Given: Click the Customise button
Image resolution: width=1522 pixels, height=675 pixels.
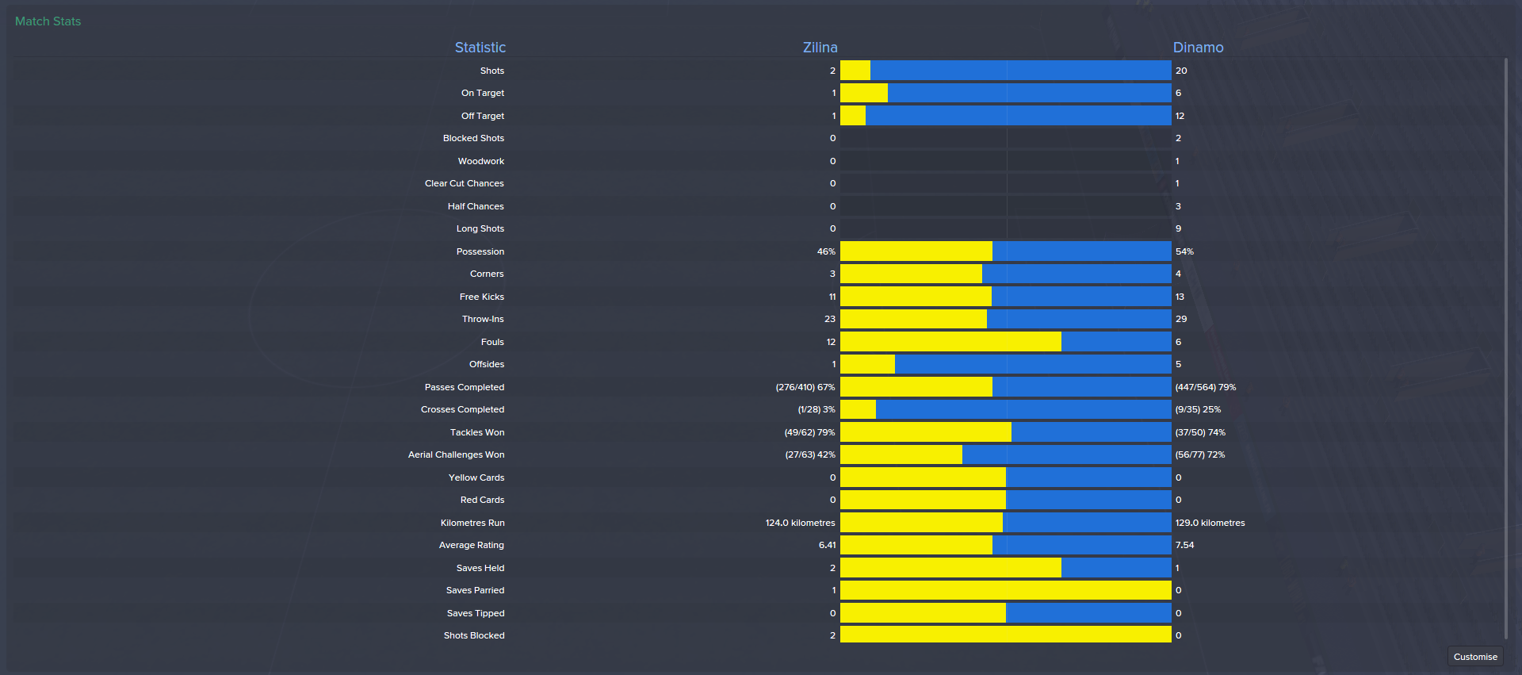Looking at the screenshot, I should (1474, 657).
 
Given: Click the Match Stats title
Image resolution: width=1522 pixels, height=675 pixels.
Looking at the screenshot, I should (48, 21).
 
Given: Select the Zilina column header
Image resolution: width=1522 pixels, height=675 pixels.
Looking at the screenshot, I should (820, 48).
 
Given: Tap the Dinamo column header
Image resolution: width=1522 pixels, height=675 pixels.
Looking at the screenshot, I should (1198, 48).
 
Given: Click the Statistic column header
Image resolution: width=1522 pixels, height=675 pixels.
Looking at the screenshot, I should (480, 48).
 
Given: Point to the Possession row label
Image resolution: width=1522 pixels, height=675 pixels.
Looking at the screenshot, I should (480, 251).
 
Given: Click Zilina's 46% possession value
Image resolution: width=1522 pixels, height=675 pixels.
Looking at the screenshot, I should (826, 251).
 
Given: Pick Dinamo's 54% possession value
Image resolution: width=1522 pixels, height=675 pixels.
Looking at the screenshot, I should (1184, 251).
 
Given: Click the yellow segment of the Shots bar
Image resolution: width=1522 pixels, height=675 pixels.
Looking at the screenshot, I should (855, 71).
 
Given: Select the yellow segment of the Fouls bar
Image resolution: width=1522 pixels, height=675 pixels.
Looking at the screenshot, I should (950, 342).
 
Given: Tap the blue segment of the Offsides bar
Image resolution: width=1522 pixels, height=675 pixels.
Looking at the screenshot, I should (1032, 364).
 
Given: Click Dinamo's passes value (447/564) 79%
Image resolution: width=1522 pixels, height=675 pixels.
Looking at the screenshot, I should (1205, 387).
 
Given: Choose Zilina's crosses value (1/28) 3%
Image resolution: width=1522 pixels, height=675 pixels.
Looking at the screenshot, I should (816, 409).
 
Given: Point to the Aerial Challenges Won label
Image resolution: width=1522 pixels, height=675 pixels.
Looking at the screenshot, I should (456, 454).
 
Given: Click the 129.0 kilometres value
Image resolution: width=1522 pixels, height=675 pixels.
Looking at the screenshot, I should (1210, 523).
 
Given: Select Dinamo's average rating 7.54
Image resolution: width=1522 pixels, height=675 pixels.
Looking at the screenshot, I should (1184, 545).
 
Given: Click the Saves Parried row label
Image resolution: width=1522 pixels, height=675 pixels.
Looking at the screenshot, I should (475, 590).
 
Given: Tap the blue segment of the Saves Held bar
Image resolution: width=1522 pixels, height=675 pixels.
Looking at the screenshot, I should (1115, 568).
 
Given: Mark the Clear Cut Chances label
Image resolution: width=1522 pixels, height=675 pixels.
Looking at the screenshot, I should (464, 183).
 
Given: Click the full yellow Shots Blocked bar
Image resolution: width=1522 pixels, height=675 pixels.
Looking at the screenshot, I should (1005, 635).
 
